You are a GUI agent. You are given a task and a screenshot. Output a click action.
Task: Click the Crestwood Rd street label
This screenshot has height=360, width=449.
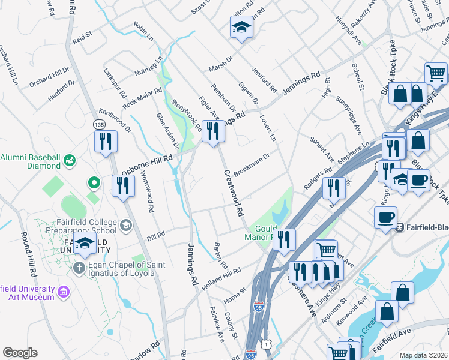click(234, 193)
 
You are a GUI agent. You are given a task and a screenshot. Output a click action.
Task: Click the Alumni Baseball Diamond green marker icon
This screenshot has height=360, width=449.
click(70, 161)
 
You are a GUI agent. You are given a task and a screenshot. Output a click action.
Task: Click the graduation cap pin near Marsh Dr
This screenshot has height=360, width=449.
click(241, 28)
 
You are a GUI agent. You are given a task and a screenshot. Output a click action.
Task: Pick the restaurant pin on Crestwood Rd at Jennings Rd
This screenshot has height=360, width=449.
click(212, 131)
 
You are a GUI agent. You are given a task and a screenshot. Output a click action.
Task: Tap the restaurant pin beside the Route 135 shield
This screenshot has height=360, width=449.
click(106, 142)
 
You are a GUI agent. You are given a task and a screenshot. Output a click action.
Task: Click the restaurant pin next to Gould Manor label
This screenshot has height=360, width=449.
click(284, 240)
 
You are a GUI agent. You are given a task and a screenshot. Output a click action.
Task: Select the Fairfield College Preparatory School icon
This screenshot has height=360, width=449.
click(125, 226)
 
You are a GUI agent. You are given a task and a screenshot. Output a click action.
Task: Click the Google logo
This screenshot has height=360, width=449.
click(20, 352)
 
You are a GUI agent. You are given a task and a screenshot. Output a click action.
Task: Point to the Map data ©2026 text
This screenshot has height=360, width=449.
click(423, 355)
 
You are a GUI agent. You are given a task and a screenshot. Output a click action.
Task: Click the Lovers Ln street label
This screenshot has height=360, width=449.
click(268, 129)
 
